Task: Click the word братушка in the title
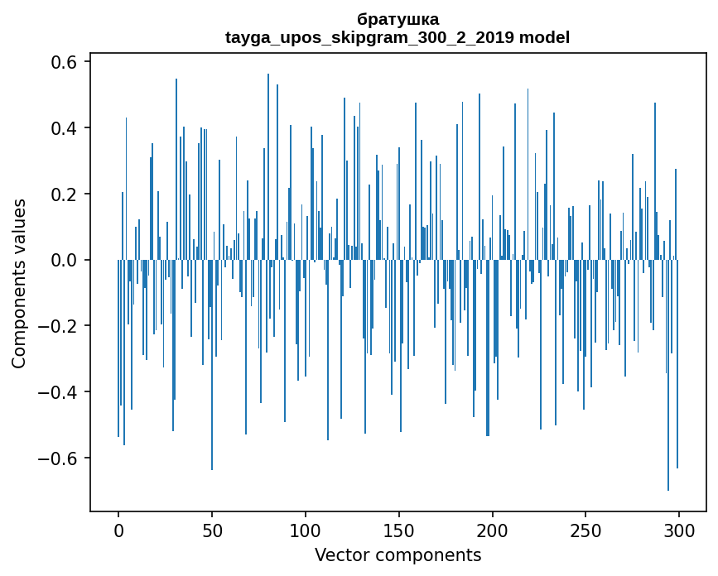[398, 19]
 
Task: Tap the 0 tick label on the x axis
[118, 530]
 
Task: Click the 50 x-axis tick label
[212, 530]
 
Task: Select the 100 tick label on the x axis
[306, 530]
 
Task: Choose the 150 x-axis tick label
[399, 530]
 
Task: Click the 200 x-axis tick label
[493, 530]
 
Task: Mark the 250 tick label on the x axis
[586, 530]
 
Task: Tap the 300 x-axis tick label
[679, 530]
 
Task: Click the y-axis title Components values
[19, 283]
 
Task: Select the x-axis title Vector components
[398, 555]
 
